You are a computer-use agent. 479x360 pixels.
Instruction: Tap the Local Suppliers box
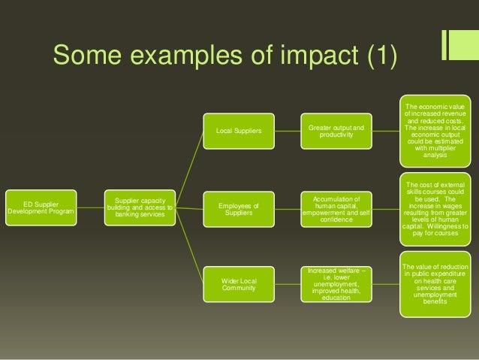click(x=239, y=132)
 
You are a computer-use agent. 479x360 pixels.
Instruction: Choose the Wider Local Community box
click(x=239, y=285)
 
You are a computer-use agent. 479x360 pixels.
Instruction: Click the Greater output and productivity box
click(x=336, y=132)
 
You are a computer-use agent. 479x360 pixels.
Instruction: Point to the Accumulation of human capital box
click(x=336, y=207)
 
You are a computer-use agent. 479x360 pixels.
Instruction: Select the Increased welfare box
click(x=336, y=283)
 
